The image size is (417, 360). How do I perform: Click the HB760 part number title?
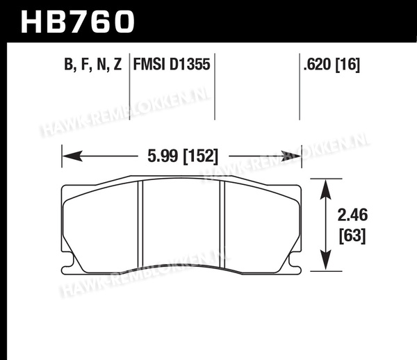pos(77,22)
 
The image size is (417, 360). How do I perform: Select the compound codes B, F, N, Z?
pos(93,65)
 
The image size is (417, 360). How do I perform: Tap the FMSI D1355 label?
pos(172,65)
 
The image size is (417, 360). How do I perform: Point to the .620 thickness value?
pos(318,65)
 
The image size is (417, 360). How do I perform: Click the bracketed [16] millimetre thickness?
pos(347,65)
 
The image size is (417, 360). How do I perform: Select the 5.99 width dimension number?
pos(163,156)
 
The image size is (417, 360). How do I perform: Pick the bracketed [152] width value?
pos(201,156)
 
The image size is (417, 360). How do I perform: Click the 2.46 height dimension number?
pos(352,215)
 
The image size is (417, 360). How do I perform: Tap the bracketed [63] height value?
pos(352,236)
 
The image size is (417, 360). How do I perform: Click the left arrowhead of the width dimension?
pos(72,156)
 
